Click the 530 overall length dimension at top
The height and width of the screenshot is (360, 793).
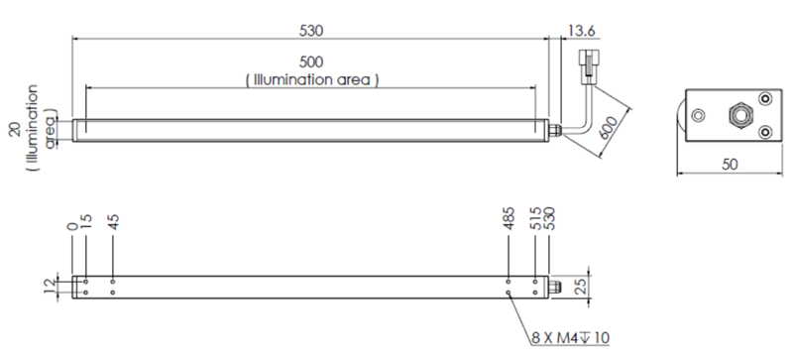click(310, 31)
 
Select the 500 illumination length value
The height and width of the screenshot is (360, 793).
click(310, 61)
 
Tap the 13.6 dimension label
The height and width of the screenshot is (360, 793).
click(581, 31)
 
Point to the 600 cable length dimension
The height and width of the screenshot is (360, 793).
click(609, 128)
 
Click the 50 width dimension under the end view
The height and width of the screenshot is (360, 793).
click(730, 165)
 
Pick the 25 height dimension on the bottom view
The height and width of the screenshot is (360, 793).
click(581, 287)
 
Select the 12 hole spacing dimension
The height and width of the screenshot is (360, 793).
click(50, 287)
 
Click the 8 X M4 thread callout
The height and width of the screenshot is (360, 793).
click(571, 338)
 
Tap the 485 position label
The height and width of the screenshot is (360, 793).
click(509, 218)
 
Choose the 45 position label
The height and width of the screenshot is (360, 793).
click(113, 222)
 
